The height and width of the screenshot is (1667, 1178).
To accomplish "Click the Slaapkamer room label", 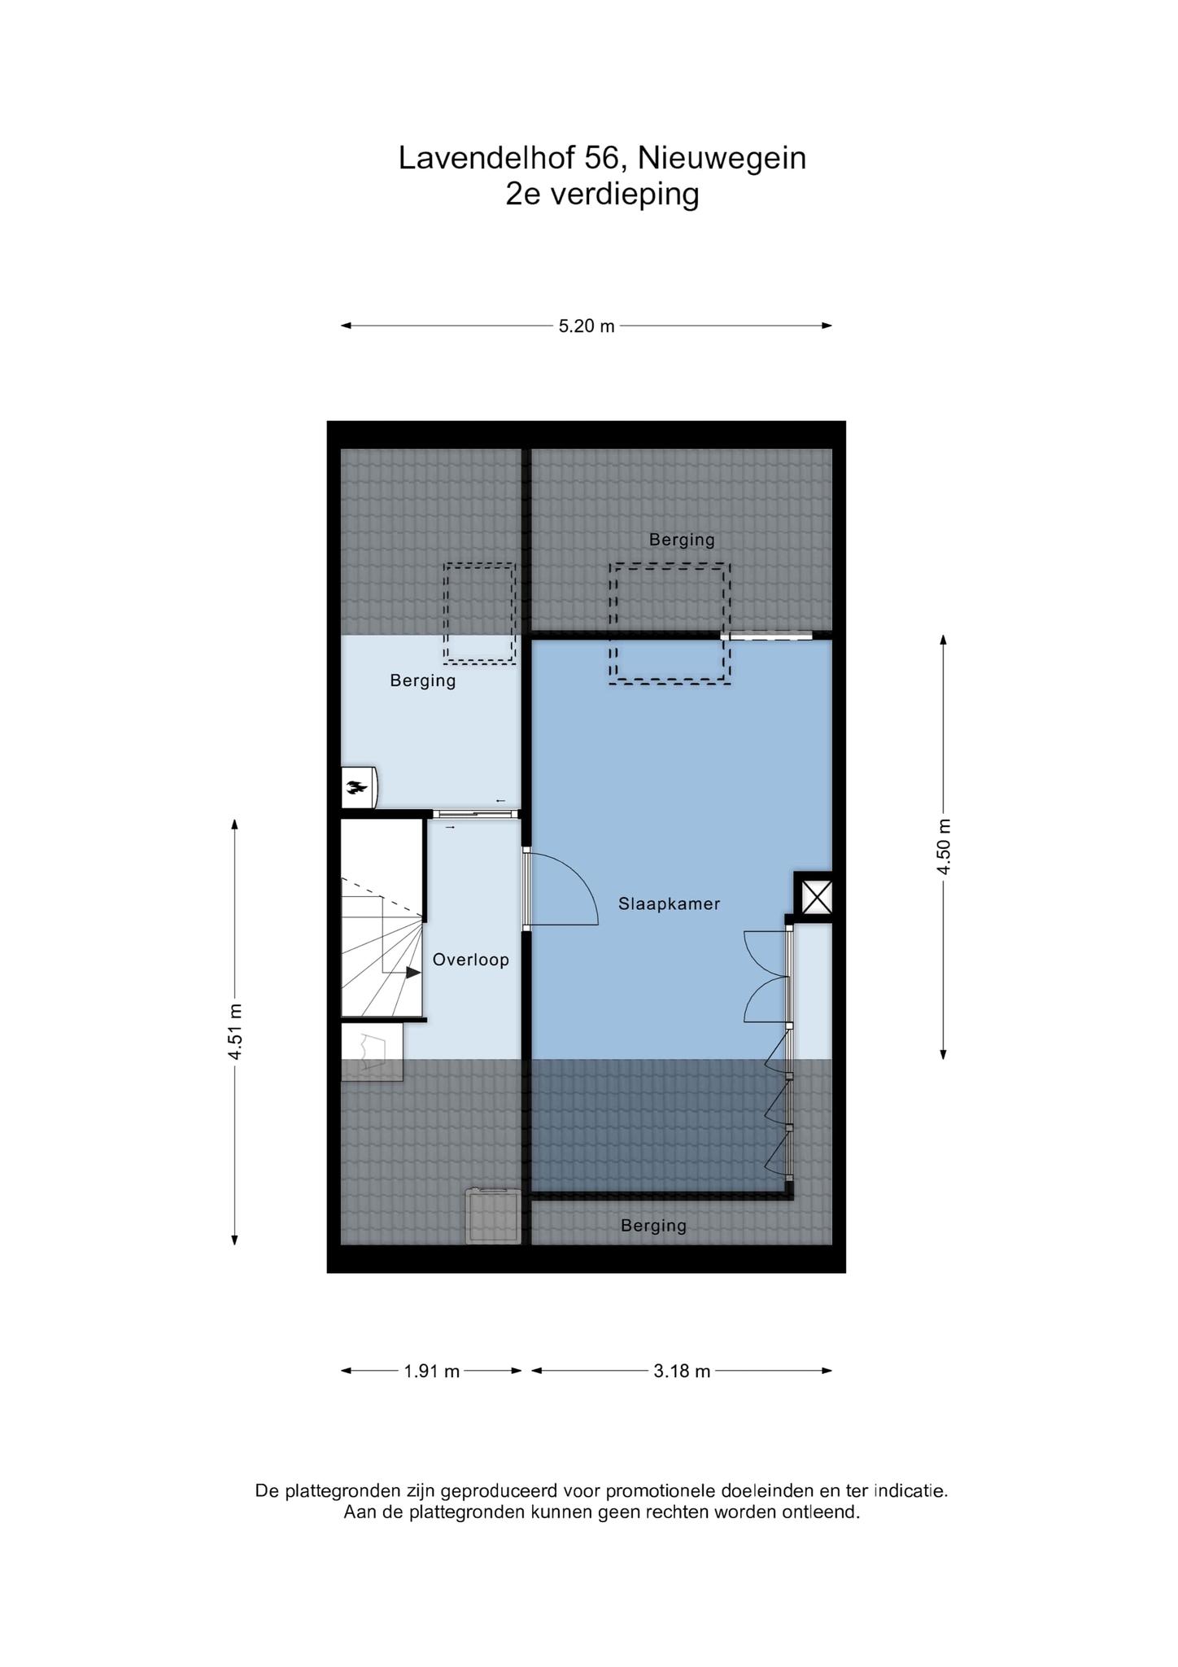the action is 669,904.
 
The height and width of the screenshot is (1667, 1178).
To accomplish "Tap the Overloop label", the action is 470,960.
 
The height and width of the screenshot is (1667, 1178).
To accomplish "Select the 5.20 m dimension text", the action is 587,326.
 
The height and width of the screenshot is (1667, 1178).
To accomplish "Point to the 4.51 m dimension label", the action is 235,1032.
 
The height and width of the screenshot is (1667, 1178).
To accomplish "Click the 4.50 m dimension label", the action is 944,846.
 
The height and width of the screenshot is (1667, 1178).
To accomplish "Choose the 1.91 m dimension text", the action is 432,1372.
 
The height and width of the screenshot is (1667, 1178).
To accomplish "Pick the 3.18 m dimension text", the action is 682,1372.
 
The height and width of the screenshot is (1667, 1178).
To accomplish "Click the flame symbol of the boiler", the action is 356,786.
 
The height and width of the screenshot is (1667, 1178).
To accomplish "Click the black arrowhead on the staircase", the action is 413,972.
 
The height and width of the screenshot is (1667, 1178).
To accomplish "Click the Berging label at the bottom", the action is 653,1225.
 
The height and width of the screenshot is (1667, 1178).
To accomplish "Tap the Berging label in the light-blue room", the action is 423,680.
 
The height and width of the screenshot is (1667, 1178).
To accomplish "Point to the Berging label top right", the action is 682,539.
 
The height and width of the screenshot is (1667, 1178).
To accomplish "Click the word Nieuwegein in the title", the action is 722,158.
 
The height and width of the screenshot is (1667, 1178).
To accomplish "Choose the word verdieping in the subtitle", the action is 625,195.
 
